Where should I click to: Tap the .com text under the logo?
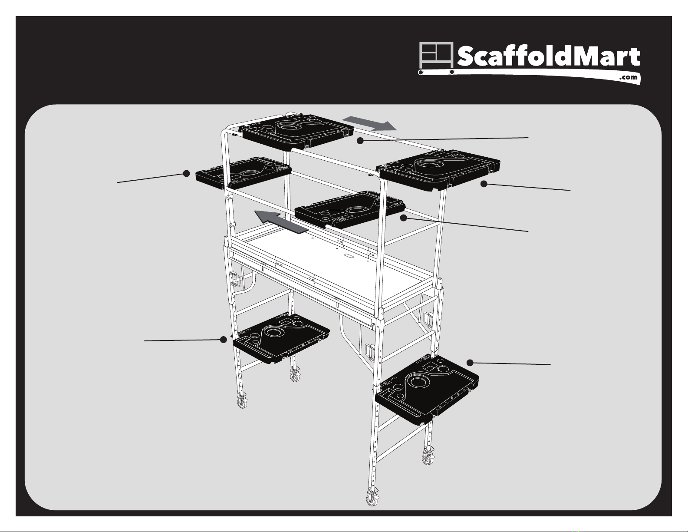(628, 77)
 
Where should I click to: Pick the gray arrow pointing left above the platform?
(281, 221)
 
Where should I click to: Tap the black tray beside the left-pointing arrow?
(350, 209)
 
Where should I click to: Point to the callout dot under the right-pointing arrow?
(360, 141)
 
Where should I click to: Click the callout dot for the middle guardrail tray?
(403, 218)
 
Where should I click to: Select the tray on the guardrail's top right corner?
(439, 169)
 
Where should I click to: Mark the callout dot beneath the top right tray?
(484, 184)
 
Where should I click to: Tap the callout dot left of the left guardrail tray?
(187, 173)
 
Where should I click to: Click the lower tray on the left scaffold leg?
(281, 338)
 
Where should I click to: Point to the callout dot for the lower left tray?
(224, 340)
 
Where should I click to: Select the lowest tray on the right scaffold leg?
(427, 389)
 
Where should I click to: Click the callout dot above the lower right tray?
(470, 363)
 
